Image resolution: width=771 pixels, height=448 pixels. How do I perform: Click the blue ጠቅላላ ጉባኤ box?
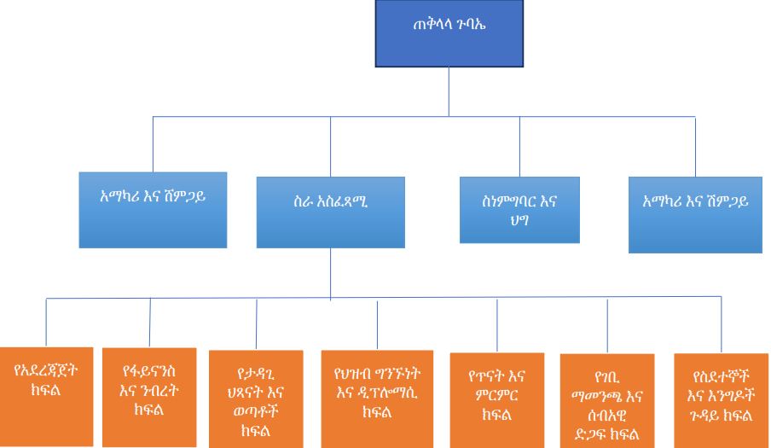click(449, 33)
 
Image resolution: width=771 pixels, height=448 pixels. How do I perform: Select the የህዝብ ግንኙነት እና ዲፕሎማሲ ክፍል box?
click(377, 393)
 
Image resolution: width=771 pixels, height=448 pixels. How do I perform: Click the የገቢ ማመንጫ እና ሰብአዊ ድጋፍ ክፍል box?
click(607, 399)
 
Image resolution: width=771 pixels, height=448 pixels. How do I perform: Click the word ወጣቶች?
click(256, 411)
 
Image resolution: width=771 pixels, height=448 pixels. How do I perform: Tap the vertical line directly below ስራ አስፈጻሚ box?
click(330, 273)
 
